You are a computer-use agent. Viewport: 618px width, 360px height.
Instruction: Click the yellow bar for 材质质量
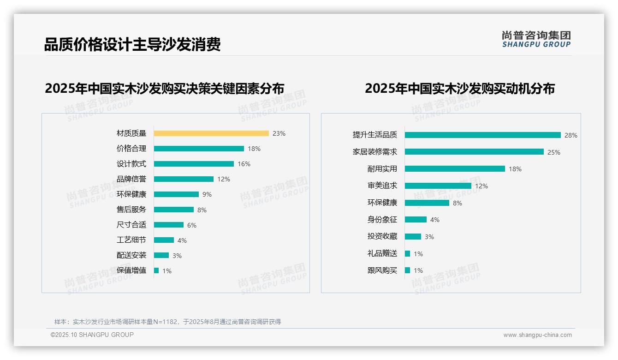211,133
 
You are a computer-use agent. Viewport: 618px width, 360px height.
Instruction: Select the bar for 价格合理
199,149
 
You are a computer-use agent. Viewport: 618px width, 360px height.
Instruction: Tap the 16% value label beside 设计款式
244,164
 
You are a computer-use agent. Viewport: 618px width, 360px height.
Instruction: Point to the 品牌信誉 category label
131,179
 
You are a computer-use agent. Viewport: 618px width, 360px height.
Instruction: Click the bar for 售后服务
174,210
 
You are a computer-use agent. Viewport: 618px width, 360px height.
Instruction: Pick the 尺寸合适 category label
131,225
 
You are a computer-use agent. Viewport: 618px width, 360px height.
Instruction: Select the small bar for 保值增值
156,270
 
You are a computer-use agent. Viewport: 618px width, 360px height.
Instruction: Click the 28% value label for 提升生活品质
570,135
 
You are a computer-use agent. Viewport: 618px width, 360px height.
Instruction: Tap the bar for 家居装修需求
474,152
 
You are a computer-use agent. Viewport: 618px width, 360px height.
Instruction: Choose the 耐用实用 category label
382,169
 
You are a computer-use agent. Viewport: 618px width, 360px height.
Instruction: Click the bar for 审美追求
438,186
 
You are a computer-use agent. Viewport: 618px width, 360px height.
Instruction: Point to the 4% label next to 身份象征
435,220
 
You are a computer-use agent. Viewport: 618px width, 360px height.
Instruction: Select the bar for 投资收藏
413,236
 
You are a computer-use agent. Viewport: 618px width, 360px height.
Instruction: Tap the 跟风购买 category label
382,270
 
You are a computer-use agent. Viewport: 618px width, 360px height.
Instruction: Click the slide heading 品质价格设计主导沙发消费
132,44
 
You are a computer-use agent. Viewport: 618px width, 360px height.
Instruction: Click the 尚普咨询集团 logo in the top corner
536,39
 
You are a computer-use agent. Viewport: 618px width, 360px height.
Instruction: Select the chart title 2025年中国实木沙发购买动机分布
459,88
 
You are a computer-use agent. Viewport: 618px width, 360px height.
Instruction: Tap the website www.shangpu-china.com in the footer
537,335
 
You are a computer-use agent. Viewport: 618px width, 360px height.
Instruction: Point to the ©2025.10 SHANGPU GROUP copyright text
92,335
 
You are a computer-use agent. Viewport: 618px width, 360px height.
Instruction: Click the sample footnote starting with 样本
167,322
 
